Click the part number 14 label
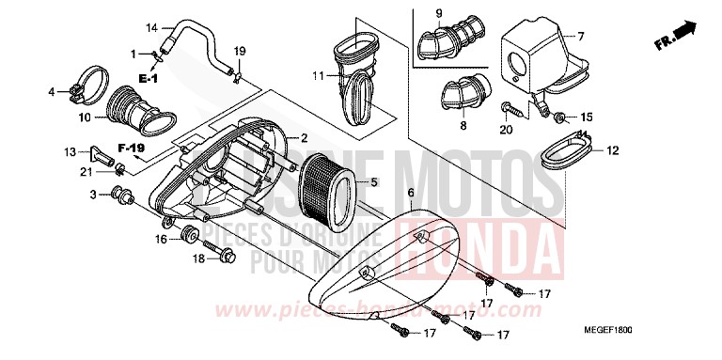point(152,27)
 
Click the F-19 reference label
point(132,149)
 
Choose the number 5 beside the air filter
point(373,182)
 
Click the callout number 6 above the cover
point(410,191)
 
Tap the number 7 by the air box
point(580,37)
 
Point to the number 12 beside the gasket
point(612,149)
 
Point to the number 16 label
point(162,240)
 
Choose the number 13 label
point(70,151)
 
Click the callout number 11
point(319,75)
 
